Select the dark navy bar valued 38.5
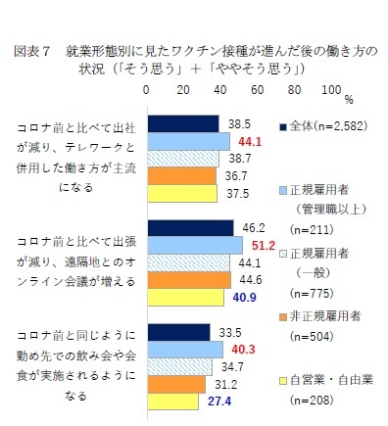[x=182, y=123]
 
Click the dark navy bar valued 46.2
[x=189, y=227]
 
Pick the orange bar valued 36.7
[x=180, y=175]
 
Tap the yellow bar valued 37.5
[x=181, y=193]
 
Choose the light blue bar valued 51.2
[x=194, y=245]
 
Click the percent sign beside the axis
[x=348, y=98]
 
